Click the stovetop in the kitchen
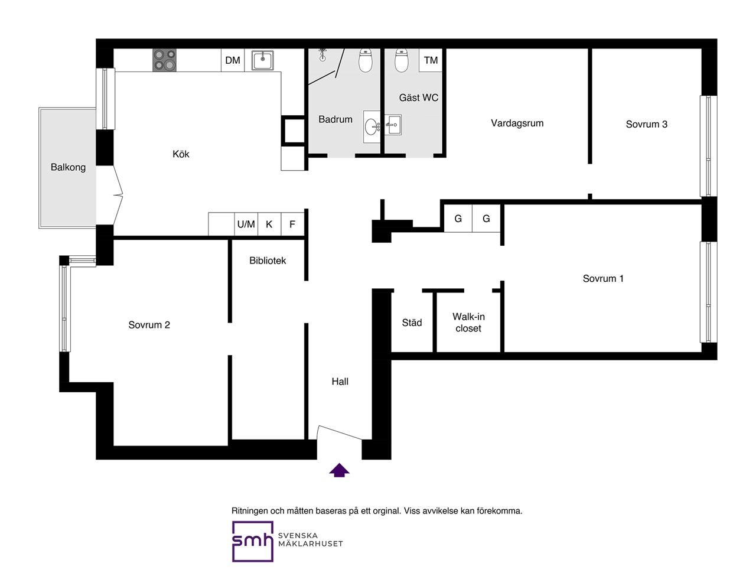[x=164, y=60]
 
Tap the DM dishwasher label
[x=233, y=60]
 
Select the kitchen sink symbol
[x=262, y=60]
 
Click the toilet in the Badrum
[x=366, y=60]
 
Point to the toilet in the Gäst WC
[x=401, y=60]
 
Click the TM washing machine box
[x=431, y=60]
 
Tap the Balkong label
[x=68, y=167]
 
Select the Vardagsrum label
[x=517, y=123]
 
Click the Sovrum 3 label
[x=647, y=124]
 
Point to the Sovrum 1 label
[x=603, y=278]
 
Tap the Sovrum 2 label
[x=149, y=324]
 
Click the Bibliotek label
[x=268, y=261]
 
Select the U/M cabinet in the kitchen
[x=246, y=224]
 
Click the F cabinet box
[x=292, y=224]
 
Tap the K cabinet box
[x=269, y=224]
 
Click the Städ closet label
[x=412, y=323]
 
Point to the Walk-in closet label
[x=468, y=322]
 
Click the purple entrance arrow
[x=339, y=470]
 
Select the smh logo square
[x=252, y=541]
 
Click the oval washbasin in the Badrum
[x=372, y=127]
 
